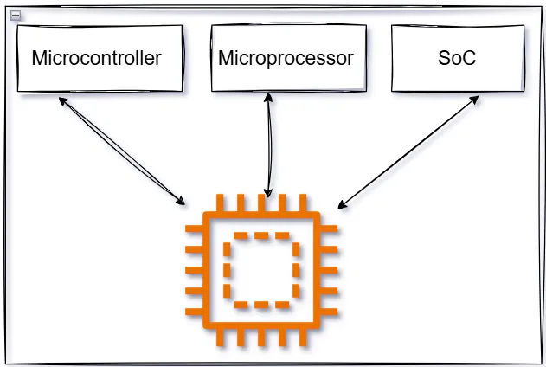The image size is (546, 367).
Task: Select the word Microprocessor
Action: pos(286,59)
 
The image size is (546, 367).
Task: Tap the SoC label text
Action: pos(457,59)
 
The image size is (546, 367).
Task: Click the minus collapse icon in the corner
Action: pos(15,15)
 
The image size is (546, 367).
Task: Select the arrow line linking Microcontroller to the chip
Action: pos(121,151)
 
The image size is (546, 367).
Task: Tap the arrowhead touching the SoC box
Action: pos(476,99)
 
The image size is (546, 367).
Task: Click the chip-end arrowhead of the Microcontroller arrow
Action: pos(182,202)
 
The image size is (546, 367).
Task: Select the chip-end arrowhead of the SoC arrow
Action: pos(342,206)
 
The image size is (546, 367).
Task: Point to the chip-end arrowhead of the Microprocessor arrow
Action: pos(269,194)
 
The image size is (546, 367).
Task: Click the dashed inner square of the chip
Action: pos(262,271)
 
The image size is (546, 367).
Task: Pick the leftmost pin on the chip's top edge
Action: pos(221,203)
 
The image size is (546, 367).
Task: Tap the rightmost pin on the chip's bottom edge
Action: pos(303,338)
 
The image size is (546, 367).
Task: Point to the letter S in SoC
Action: pos(444,59)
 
